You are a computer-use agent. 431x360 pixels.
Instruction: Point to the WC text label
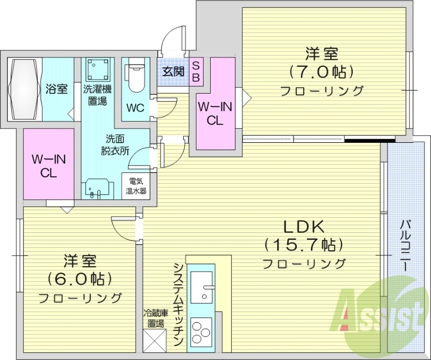pyautogui.click(x=135, y=107)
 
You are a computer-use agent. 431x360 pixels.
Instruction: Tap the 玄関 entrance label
pyautogui.click(x=172, y=71)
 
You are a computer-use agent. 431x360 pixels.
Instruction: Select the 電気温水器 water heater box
pyautogui.click(x=136, y=186)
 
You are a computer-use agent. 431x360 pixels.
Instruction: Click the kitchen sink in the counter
pyautogui.click(x=202, y=285)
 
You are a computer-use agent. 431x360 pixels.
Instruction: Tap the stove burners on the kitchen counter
pyautogui.click(x=202, y=331)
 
